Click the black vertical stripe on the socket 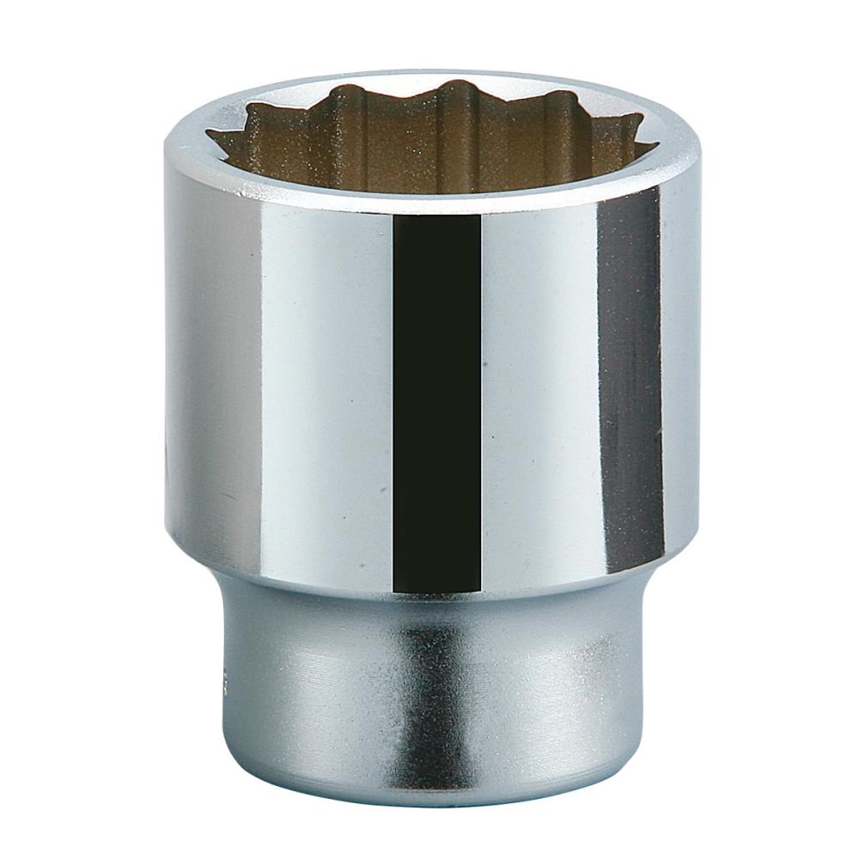(436, 404)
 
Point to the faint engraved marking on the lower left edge (226, 679)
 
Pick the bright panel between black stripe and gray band (537, 387)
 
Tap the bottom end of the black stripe (436, 589)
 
